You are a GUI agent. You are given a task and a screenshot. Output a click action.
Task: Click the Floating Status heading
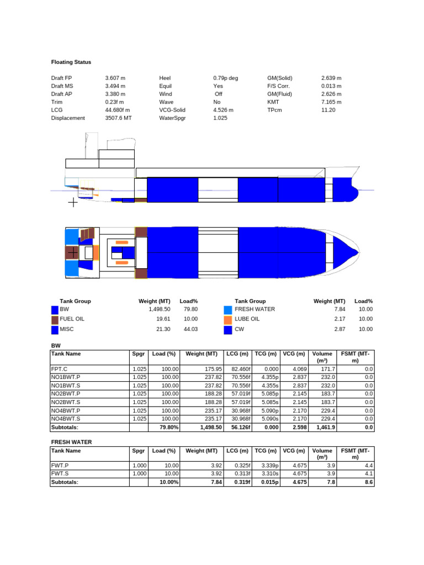click(x=71, y=62)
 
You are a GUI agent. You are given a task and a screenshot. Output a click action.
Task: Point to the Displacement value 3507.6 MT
click(x=119, y=118)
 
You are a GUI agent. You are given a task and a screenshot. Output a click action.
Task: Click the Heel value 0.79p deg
click(x=226, y=78)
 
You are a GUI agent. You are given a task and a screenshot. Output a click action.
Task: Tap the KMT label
click(x=274, y=102)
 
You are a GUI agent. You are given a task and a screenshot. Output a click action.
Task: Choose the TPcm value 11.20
click(x=328, y=110)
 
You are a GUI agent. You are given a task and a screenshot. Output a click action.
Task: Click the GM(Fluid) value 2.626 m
click(x=331, y=94)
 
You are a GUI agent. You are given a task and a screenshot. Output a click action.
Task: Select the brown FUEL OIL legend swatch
click(x=55, y=320)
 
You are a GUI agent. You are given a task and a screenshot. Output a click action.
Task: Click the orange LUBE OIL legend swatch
click(x=228, y=320)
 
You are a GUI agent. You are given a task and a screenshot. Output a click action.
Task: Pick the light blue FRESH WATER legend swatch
click(x=228, y=310)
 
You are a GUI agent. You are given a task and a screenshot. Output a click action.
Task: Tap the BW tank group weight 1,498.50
click(x=159, y=310)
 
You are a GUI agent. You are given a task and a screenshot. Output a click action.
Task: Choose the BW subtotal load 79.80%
click(x=168, y=427)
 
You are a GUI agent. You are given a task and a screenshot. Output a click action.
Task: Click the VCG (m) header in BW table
click(x=294, y=354)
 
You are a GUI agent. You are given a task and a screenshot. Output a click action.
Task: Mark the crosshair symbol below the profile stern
click(x=73, y=202)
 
